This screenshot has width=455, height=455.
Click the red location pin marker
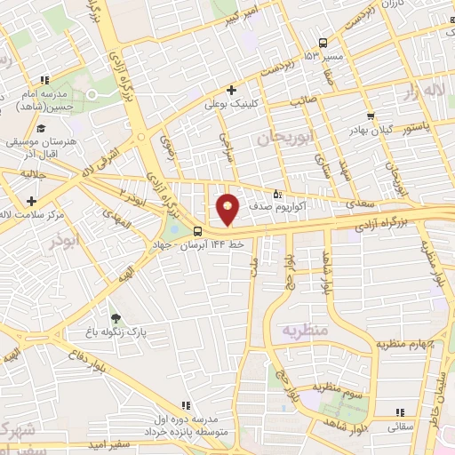tap(227, 209)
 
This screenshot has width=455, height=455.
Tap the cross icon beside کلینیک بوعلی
tap(231, 90)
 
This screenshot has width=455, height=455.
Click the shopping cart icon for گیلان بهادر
tap(370, 116)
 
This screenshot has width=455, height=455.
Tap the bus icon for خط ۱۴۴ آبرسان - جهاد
tap(196, 233)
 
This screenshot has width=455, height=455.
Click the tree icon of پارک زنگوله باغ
tap(115, 315)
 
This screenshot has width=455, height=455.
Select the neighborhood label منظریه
tap(306, 329)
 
